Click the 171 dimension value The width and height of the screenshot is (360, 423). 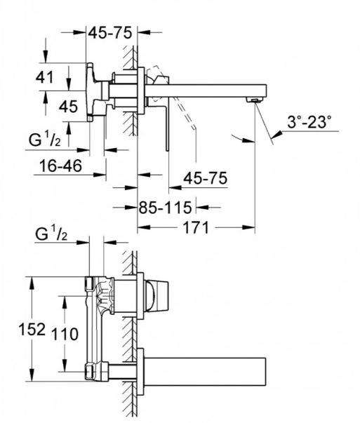point(196,227)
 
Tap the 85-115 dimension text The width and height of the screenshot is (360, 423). point(165,208)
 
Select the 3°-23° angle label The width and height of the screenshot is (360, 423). point(309,122)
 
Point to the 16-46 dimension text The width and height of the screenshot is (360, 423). point(60,166)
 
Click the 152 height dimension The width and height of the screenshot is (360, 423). point(32,329)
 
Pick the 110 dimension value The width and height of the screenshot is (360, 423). point(65,334)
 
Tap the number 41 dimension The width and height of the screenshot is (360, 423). point(45,77)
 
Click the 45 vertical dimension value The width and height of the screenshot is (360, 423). point(69,107)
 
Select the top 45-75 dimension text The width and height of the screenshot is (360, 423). point(110,33)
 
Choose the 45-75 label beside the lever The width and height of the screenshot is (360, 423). point(206,178)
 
